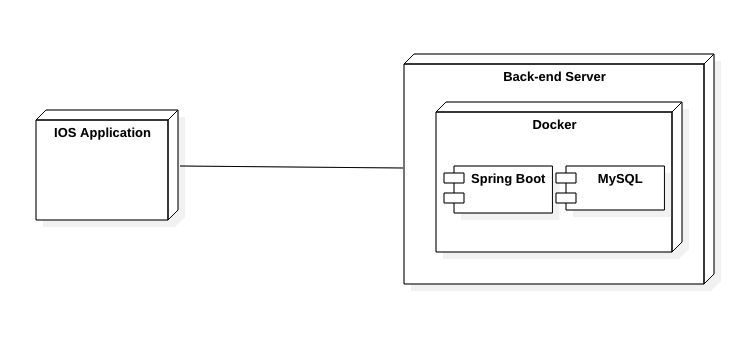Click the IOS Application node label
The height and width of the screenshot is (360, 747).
pos(102,132)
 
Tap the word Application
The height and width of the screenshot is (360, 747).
pos(115,132)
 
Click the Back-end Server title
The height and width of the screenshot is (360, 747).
pos(554,77)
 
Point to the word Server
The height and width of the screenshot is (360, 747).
pos(585,77)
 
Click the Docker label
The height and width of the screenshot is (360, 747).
pos(554,125)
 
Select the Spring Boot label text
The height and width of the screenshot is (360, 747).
pos(508,179)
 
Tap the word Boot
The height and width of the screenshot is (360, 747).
pos(530,179)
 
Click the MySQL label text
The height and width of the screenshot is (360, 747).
pos(620,179)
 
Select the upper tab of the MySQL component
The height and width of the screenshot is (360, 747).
pos(566,178)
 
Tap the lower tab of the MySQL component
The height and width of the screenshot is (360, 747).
pos(566,197)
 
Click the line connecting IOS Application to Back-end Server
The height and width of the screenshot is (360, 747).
pos(290,167)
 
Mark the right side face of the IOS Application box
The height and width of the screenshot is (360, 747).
pos(172,165)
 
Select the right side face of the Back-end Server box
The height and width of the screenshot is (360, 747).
pos(709,170)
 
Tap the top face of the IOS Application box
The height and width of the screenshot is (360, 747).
pos(106,115)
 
